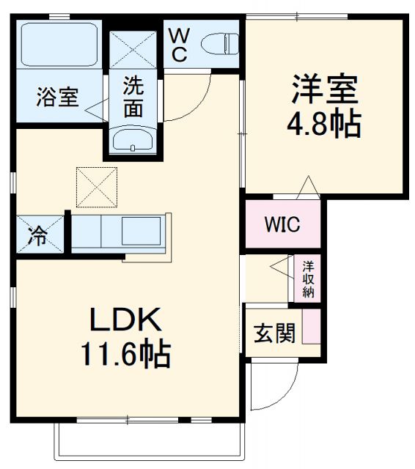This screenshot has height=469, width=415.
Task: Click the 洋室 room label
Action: point(324,89)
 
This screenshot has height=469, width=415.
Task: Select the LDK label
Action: point(125,320)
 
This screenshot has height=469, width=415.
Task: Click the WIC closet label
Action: point(282,224)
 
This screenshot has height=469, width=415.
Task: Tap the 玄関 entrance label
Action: point(275,334)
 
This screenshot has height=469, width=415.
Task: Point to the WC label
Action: point(180,44)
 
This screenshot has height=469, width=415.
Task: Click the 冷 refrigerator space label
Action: point(37,236)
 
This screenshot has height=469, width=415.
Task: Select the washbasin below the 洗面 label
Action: point(133,141)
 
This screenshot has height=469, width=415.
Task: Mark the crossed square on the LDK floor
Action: point(96,186)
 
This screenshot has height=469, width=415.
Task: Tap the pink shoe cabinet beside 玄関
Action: point(312,328)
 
